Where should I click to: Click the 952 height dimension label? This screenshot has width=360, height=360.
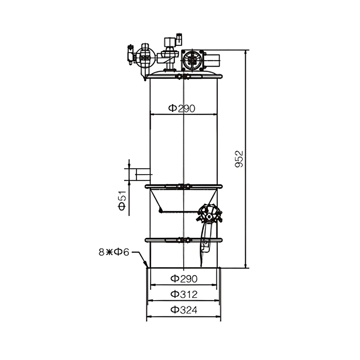(239, 159)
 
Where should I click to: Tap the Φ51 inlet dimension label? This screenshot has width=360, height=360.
(122, 200)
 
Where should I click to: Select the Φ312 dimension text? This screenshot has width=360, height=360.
(184, 294)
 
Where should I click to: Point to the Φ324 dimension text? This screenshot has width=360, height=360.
(184, 310)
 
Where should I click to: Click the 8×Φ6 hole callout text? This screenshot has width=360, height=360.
(114, 252)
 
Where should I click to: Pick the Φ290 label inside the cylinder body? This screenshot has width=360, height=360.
(182, 108)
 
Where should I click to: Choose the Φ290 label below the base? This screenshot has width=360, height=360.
(184, 279)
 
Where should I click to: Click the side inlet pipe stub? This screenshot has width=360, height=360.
(143, 175)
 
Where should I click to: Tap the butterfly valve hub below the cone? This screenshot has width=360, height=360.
(209, 216)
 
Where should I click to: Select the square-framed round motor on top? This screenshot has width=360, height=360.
(192, 60)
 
